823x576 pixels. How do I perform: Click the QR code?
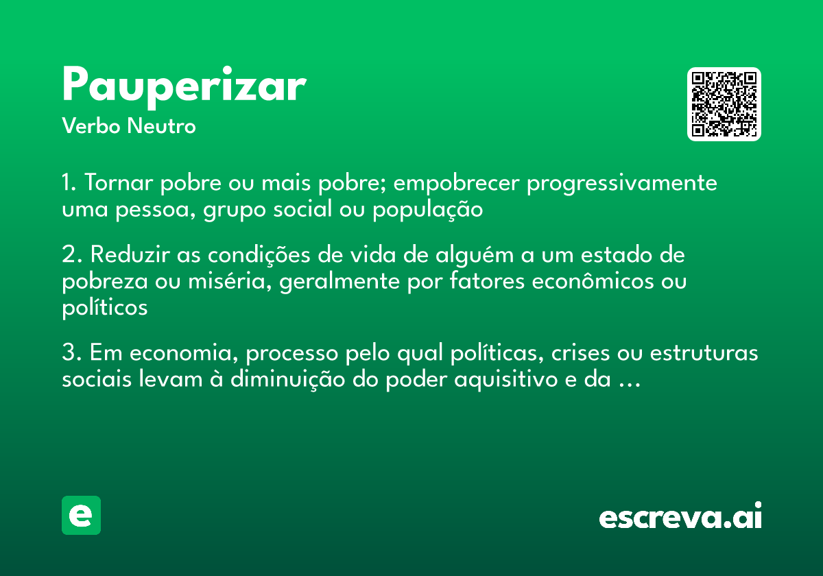[x=724, y=104]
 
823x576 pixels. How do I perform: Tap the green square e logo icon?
[x=81, y=515]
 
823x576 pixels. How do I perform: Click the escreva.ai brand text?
[x=680, y=517]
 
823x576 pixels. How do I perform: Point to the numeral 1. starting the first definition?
[x=69, y=184]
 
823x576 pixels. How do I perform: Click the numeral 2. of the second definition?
[x=71, y=255]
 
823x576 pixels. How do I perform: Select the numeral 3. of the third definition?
[x=71, y=354]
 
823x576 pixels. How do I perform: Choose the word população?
[x=428, y=210]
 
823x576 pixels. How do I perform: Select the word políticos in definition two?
[x=104, y=308]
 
